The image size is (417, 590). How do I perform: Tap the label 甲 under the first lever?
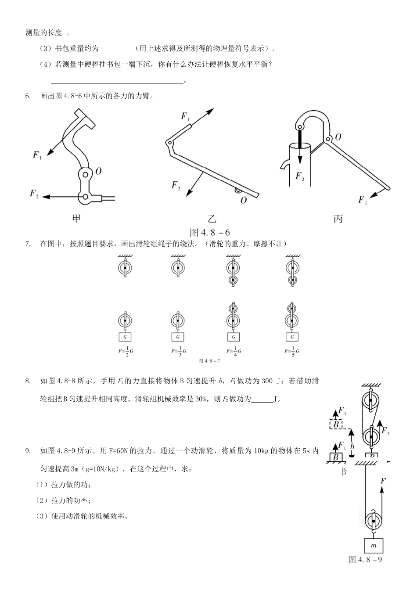pos(76,218)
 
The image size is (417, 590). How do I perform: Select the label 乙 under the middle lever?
pos(212,218)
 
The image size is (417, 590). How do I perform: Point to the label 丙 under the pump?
pos(338,218)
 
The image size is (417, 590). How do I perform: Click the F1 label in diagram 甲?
pos(37,155)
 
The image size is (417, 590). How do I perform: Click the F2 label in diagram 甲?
pos(34,194)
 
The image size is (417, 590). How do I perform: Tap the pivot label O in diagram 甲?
pos(98,171)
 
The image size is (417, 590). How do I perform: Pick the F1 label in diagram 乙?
pos(185,116)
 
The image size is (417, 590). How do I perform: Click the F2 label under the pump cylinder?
pos(300,176)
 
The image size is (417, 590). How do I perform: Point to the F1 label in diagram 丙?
pos(363,200)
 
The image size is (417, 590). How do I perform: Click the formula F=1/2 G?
pos(125,352)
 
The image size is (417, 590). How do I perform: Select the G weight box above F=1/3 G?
pos(177,337)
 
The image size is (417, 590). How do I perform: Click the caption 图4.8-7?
pos(209,361)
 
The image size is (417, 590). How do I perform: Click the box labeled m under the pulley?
pos(374,545)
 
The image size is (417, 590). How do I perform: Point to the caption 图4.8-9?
pos(365,560)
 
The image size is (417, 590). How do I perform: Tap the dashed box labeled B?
pos(336,425)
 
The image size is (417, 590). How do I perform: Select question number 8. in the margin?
pos(28,381)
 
